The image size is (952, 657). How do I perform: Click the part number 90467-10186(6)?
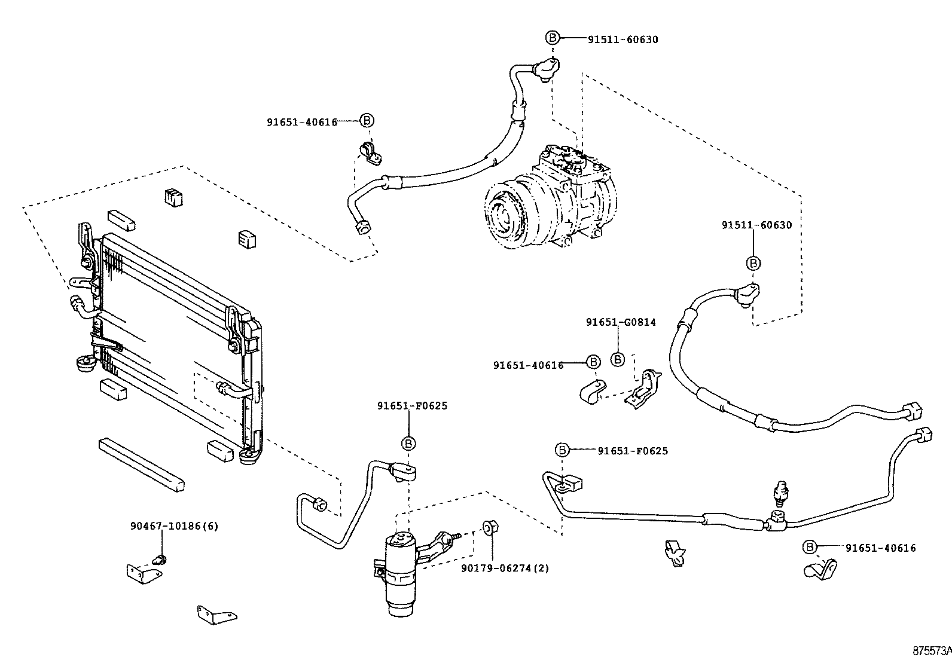[174, 526]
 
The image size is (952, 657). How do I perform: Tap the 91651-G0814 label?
[620, 322]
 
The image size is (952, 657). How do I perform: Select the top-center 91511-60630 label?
[623, 39]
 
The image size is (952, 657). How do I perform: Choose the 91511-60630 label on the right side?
[756, 225]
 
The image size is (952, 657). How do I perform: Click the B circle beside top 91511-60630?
[552, 38]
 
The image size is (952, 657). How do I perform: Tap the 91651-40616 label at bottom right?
[880, 548]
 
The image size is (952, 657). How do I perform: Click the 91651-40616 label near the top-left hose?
[301, 121]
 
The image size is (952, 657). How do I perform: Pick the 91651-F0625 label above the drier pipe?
[412, 406]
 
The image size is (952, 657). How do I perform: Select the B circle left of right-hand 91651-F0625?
[562, 450]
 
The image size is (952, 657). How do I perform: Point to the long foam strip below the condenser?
[141, 464]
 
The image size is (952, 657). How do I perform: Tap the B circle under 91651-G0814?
[618, 359]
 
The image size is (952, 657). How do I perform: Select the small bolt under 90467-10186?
[160, 560]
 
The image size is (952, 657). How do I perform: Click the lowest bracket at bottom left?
[216, 614]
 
